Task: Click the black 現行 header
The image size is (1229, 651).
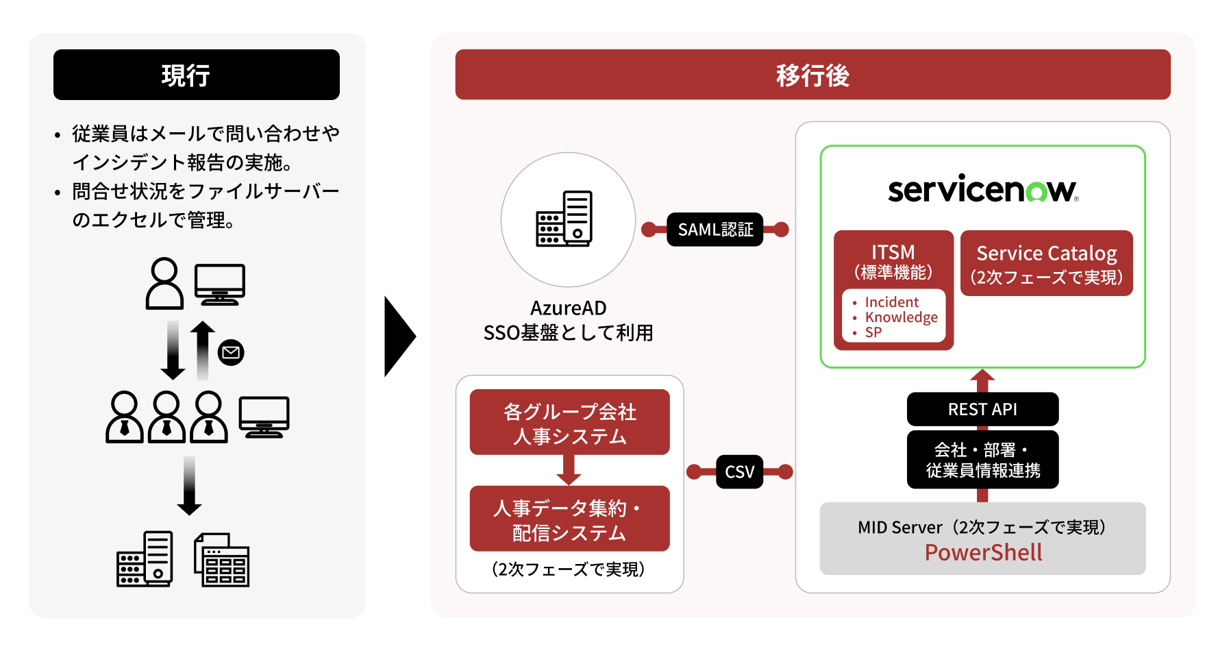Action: point(196,75)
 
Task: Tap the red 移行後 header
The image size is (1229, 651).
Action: point(812,75)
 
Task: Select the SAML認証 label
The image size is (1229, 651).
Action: point(715,230)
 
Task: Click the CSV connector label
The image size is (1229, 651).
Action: point(739,471)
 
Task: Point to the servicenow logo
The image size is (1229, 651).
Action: point(982,189)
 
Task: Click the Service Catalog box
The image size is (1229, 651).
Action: point(1046,264)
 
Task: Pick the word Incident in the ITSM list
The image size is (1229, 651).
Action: point(891,302)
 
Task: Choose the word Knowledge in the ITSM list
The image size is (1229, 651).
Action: point(901,317)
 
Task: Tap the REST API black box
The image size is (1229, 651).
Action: point(982,409)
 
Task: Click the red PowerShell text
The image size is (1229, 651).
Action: point(983,552)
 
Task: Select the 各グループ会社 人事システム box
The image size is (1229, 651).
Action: point(569,423)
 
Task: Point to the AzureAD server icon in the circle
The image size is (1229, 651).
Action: point(564,219)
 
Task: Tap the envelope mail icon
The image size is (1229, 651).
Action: point(231,353)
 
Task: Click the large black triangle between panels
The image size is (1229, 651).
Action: point(399,336)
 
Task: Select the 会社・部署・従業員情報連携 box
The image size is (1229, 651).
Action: point(982,460)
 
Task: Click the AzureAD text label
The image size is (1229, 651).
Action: point(568,308)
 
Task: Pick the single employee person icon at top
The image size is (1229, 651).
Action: point(164,283)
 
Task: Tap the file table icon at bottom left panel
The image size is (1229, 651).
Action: point(222,560)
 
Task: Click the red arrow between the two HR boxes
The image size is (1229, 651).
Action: point(569,470)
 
